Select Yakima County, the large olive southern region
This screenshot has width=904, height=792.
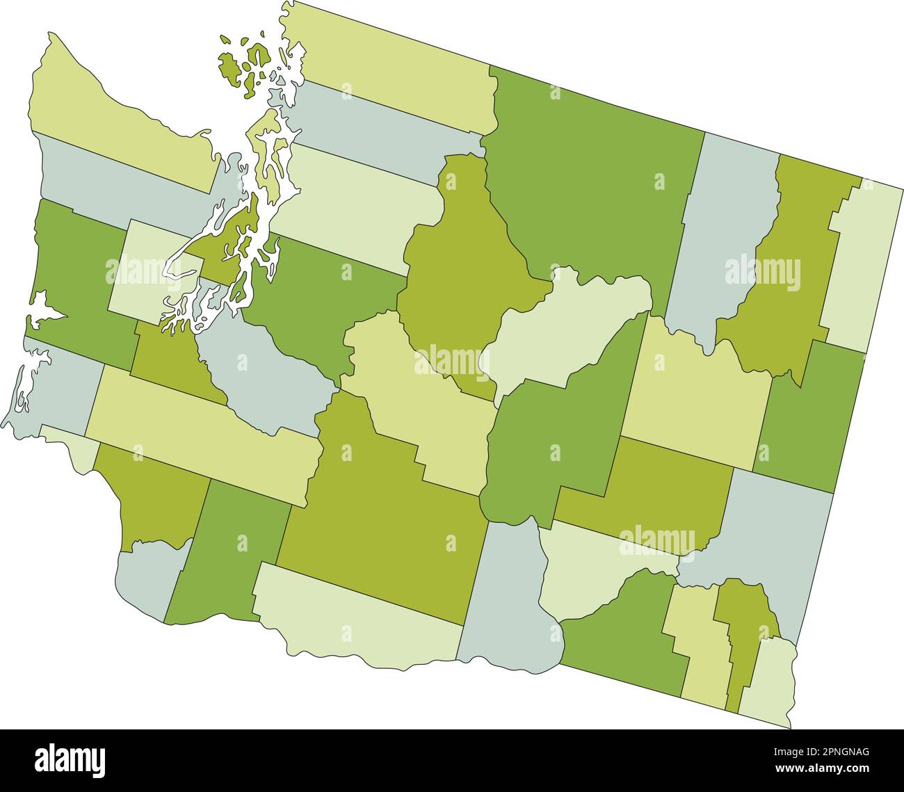382,522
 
